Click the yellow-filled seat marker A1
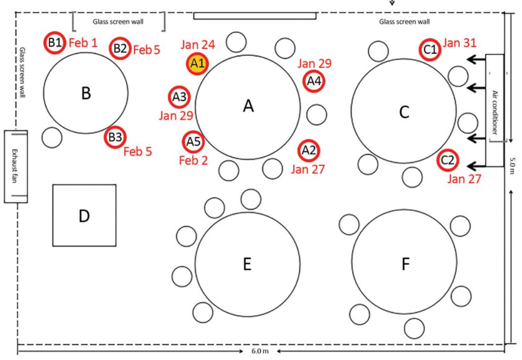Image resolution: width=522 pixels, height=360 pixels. [x=197, y=63]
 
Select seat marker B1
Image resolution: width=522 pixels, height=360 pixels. [x=55, y=42]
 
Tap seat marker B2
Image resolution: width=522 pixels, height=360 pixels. [x=120, y=48]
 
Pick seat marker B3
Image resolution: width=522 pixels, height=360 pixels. [x=115, y=137]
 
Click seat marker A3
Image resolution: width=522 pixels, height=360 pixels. [x=179, y=97]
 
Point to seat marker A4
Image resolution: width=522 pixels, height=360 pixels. [x=314, y=81]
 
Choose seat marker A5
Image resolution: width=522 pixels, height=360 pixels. [x=193, y=142]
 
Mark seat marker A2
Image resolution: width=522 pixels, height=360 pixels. [x=308, y=151]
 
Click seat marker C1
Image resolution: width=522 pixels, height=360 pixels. [x=430, y=50]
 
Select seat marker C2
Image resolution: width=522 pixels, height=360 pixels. [x=447, y=160]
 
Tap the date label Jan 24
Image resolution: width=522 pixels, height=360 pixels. [x=198, y=44]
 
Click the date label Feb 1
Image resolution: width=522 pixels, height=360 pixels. [x=83, y=42]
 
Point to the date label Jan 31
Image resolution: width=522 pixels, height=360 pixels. [x=459, y=42]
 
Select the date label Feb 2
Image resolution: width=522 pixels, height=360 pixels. [x=193, y=160]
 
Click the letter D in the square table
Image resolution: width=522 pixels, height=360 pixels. [x=84, y=216]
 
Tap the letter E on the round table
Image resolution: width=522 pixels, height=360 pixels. [x=247, y=264]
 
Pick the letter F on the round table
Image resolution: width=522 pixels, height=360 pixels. [x=406, y=264]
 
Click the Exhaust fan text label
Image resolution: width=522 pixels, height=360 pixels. [x=15, y=166]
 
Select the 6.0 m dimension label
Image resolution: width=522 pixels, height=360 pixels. [x=260, y=351]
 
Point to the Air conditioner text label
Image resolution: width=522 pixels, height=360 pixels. [x=495, y=112]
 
